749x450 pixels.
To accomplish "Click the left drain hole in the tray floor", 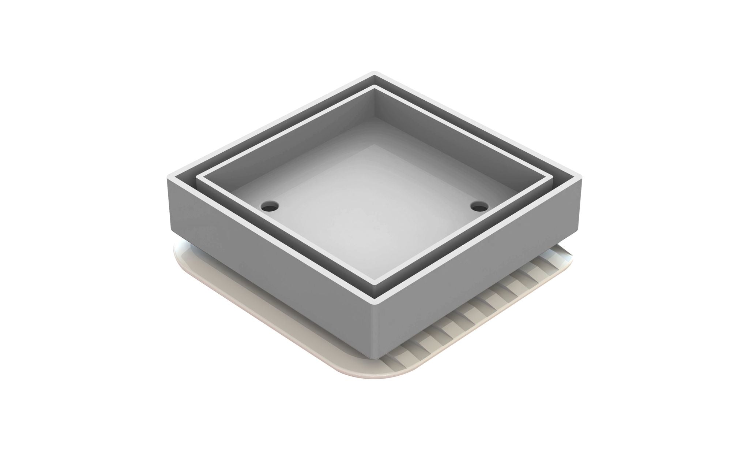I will coord(270,206).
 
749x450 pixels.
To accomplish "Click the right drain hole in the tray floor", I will coord(479,207).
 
